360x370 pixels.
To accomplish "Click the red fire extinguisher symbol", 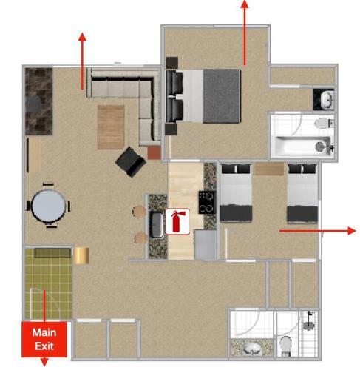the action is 177,221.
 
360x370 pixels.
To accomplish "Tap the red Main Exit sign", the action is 44,339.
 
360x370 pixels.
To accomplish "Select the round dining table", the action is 49,206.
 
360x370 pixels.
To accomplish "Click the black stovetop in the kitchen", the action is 207,202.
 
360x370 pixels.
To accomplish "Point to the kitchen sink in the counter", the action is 157,224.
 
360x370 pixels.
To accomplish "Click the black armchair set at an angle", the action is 131,162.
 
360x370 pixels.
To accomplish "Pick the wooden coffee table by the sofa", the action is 111,127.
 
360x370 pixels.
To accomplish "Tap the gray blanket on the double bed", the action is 221,96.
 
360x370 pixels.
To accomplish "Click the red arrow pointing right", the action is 318,231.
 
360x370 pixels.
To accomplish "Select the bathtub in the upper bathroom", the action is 302,147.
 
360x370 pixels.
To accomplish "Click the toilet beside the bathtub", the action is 324,123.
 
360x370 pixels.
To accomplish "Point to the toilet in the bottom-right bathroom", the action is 286,346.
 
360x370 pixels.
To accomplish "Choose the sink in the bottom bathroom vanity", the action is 252,349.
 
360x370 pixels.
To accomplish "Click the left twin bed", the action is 236,192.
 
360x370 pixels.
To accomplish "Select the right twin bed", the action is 302,193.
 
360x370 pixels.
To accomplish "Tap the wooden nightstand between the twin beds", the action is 269,169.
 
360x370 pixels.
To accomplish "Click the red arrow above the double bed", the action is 245,33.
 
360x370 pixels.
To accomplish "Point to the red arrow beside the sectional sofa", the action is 82,61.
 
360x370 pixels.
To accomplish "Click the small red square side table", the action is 154,152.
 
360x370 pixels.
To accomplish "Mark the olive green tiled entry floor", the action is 49,283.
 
